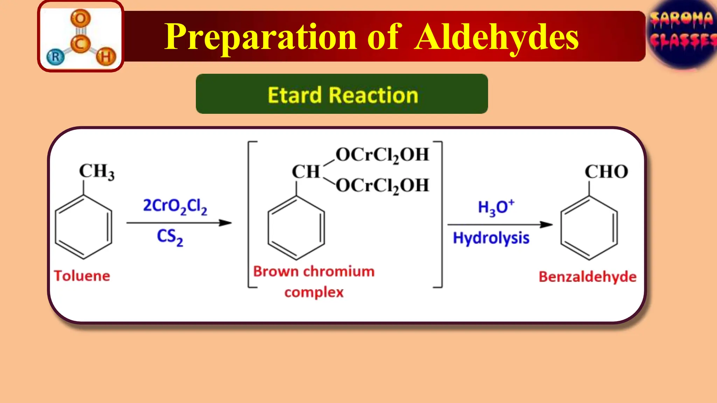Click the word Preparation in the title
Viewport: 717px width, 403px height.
pyautogui.click(x=261, y=37)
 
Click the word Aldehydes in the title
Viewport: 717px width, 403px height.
pyautogui.click(x=496, y=37)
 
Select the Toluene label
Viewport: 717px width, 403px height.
pyautogui.click(x=82, y=276)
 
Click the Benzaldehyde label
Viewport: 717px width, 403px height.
pyautogui.click(x=587, y=277)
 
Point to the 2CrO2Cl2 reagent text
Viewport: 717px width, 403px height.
pyautogui.click(x=175, y=206)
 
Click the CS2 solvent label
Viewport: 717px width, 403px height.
pyautogui.click(x=170, y=237)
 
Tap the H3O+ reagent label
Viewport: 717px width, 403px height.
pyautogui.click(x=496, y=207)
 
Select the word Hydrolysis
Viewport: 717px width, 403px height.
pyautogui.click(x=491, y=238)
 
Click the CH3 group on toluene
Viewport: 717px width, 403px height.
pyautogui.click(x=96, y=172)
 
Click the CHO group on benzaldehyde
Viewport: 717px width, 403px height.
pyautogui.click(x=606, y=172)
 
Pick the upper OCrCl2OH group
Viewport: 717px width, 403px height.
pyautogui.click(x=382, y=155)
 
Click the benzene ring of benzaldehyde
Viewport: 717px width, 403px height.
pyautogui.click(x=589, y=228)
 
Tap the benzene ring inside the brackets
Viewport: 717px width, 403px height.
pyautogui.click(x=296, y=228)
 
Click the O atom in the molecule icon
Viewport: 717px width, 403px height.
pyautogui.click(x=81, y=18)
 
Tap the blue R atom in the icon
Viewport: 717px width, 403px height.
pyautogui.click(x=55, y=57)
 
